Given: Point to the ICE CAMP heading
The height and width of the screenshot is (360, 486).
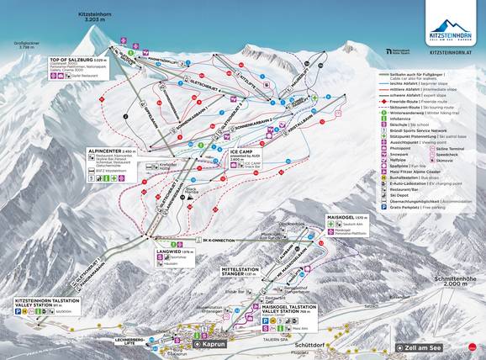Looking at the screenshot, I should tap(240, 152).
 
